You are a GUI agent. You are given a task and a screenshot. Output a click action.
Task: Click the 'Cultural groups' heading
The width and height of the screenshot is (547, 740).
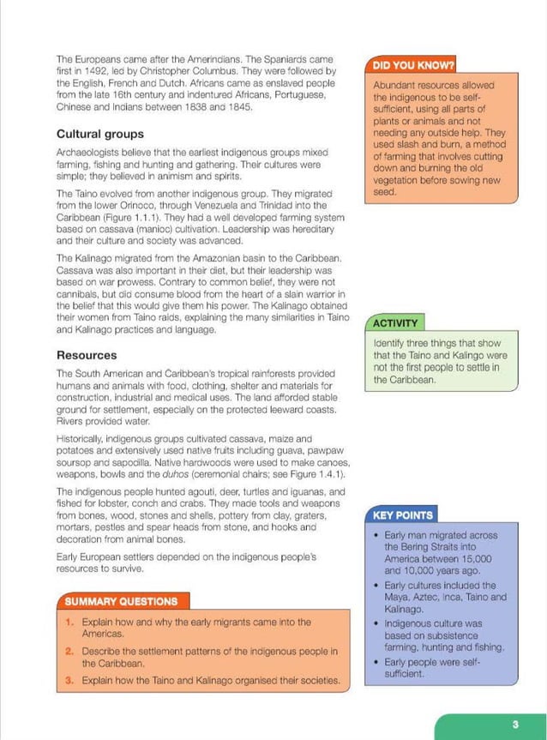99,135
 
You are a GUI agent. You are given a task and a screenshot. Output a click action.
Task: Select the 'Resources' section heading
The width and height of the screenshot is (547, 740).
87,355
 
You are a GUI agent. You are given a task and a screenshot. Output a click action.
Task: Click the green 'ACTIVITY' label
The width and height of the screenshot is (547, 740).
396,323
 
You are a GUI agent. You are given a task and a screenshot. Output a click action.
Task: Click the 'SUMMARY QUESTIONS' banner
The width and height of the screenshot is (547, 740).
121,601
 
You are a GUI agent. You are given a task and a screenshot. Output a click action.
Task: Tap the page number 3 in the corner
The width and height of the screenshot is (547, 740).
515,725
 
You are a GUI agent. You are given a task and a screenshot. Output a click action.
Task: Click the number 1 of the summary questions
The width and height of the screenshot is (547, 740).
69,623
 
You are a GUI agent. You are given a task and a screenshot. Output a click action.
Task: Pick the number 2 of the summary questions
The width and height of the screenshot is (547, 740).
69,652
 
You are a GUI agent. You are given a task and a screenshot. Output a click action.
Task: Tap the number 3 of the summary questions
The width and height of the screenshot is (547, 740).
69,681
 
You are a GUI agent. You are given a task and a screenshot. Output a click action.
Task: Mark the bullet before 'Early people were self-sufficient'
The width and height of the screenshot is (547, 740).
377,663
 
